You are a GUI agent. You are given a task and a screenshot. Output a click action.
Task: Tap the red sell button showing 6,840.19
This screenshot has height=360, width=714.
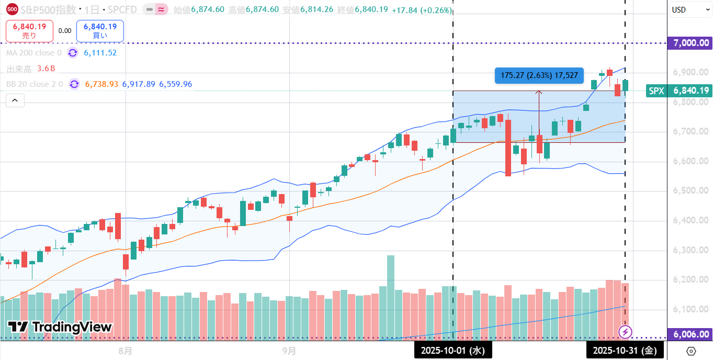pyautogui.click(x=29, y=31)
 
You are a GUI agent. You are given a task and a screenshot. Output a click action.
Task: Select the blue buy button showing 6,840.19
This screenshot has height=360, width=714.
pyautogui.click(x=100, y=31)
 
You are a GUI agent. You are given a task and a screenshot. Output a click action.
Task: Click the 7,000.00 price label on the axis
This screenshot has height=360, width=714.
pyautogui.click(x=690, y=43)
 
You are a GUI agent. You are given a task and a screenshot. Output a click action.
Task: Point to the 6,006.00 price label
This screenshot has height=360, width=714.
pyautogui.click(x=690, y=334)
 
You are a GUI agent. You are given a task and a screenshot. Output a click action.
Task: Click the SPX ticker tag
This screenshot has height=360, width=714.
pyautogui.click(x=656, y=91)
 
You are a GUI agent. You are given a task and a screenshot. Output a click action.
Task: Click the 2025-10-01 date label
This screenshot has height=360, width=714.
pyautogui.click(x=453, y=350)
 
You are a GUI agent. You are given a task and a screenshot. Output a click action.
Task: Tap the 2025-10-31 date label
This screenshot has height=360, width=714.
pyautogui.click(x=625, y=350)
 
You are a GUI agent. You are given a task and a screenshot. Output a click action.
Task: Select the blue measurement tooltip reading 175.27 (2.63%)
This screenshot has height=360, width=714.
pyautogui.click(x=539, y=75)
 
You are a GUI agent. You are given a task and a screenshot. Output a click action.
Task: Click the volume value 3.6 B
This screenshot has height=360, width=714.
pyautogui.click(x=46, y=69)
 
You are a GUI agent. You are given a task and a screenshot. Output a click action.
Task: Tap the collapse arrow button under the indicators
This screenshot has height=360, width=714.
pyautogui.click(x=15, y=100)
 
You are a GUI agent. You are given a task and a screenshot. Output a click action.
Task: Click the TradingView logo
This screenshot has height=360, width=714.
pyautogui.click(x=60, y=328)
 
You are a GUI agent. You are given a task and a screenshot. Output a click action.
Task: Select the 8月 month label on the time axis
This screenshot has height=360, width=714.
pyautogui.click(x=125, y=350)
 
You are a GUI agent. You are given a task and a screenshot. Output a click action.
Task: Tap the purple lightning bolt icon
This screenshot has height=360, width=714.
pyautogui.click(x=626, y=331)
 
